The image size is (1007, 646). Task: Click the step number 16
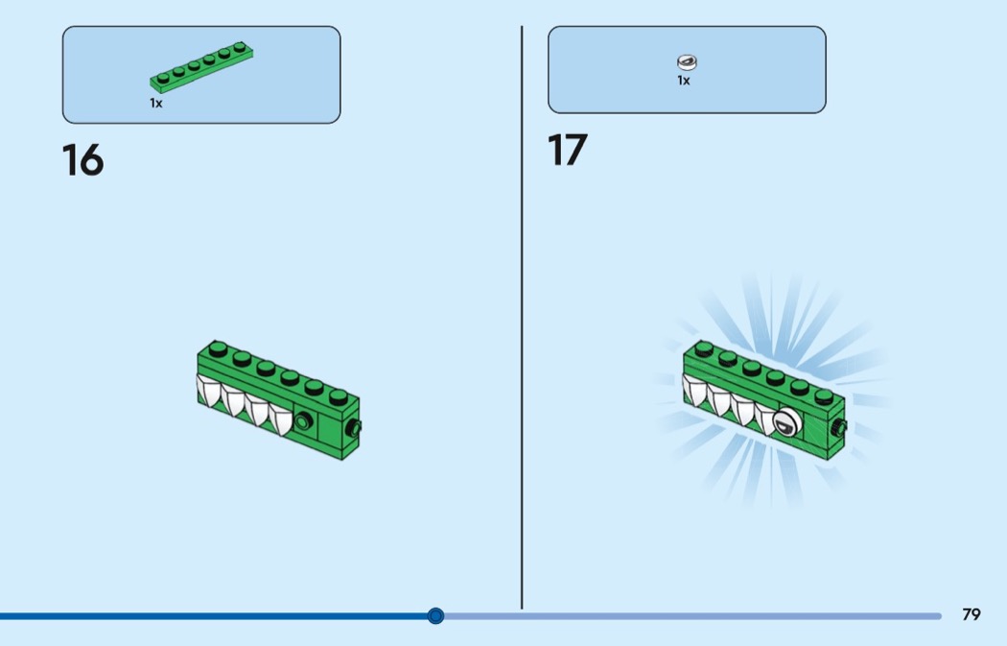tap(82, 159)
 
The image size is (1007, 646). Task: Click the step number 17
tap(567, 150)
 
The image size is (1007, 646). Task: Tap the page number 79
tap(971, 614)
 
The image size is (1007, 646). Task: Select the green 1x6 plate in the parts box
tap(201, 67)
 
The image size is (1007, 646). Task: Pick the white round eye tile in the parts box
tap(687, 62)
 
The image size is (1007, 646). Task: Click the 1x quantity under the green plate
tap(156, 103)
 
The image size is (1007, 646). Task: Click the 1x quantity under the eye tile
tap(683, 81)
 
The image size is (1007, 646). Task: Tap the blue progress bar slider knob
tap(435, 616)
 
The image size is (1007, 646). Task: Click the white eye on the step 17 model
tap(785, 422)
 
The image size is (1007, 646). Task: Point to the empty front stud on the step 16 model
tap(303, 421)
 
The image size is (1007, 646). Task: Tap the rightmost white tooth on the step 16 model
tap(280, 419)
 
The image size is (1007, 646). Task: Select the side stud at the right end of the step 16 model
tap(354, 427)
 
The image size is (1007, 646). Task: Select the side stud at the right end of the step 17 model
tap(839, 427)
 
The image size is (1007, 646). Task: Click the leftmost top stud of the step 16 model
tap(218, 349)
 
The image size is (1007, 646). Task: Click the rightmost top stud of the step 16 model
tap(338, 396)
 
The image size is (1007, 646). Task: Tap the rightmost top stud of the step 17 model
tap(823, 396)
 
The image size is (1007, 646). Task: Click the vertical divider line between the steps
tap(522, 317)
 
